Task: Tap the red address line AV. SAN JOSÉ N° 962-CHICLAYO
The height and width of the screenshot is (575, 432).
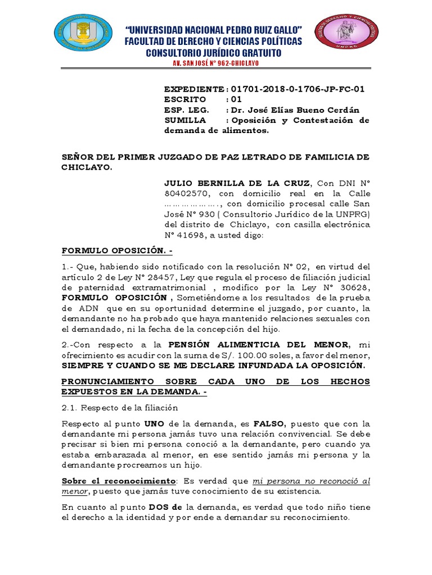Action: pyautogui.click(x=217, y=63)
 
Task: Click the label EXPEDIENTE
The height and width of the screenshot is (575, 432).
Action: pyautogui.click(x=193, y=89)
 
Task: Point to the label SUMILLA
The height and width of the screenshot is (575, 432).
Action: pyautogui.click(x=185, y=120)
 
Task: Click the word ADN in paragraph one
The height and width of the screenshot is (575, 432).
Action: pyautogui.click(x=87, y=308)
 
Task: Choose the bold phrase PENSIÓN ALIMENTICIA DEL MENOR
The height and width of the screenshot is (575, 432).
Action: pyautogui.click(x=256, y=344)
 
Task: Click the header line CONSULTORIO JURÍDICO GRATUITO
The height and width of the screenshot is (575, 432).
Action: pyautogui.click(x=214, y=53)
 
